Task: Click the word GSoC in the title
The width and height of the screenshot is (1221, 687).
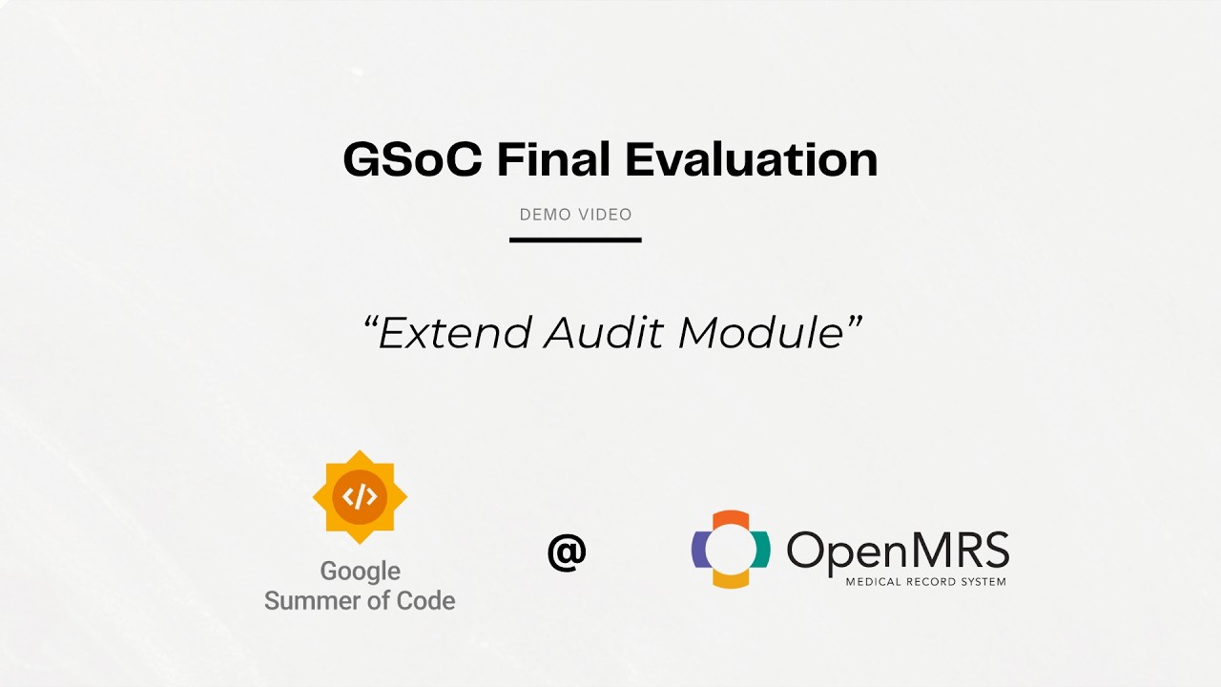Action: pyautogui.click(x=413, y=159)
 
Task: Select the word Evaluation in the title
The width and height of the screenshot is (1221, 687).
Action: pyautogui.click(x=752, y=159)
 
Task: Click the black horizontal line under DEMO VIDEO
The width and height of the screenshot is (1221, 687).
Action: pyautogui.click(x=575, y=239)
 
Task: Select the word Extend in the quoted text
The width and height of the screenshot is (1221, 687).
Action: pyautogui.click(x=455, y=333)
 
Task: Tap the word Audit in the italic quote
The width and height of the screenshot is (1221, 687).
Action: pyautogui.click(x=604, y=333)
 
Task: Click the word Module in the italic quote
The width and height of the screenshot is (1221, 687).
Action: pyautogui.click(x=762, y=333)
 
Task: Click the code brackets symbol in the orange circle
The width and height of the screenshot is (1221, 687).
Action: pyautogui.click(x=360, y=497)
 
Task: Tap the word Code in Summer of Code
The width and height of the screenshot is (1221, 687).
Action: pyautogui.click(x=425, y=601)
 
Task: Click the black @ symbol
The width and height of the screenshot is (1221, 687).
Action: pyautogui.click(x=567, y=552)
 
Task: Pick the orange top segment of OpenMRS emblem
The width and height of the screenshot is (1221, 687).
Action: pyautogui.click(x=731, y=521)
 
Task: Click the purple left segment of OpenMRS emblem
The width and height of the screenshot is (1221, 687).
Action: pyautogui.click(x=699, y=549)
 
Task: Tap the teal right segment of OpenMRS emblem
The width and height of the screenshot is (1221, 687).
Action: pyautogui.click(x=762, y=549)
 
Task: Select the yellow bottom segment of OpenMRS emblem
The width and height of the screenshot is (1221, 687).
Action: pyautogui.click(x=731, y=578)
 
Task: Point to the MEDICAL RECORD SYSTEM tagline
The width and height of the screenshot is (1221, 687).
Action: pyautogui.click(x=925, y=582)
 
